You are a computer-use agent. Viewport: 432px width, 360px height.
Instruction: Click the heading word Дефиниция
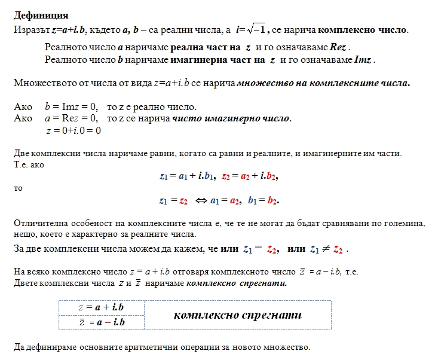click(x=41, y=16)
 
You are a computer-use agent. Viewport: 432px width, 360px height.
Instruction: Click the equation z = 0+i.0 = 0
click(x=73, y=130)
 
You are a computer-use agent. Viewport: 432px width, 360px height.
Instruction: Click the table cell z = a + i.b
click(x=102, y=307)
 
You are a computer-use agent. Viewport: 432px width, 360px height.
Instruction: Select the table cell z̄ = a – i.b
click(x=102, y=322)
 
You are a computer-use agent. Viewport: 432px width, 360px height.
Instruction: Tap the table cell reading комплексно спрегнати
click(x=238, y=315)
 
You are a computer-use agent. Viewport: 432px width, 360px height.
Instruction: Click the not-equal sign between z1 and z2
click(x=326, y=249)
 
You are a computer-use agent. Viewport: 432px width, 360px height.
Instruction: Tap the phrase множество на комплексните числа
click(x=323, y=83)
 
